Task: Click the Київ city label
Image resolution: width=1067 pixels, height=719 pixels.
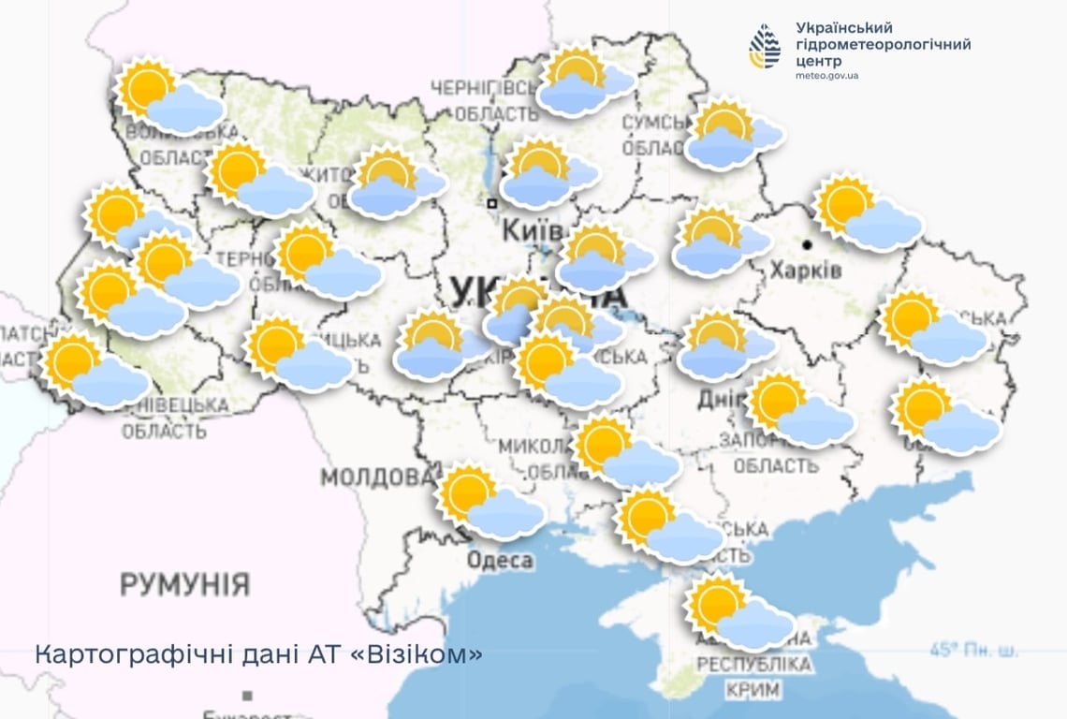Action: (x=532, y=230)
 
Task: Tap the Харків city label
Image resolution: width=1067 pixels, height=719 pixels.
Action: (x=806, y=271)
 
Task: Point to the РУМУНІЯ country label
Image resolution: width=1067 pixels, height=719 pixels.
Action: (x=184, y=585)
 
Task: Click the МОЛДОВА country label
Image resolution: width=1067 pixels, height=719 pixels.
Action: (x=377, y=477)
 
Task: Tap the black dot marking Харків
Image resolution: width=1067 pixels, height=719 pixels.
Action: (x=807, y=244)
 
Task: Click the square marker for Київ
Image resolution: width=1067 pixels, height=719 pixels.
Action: (x=491, y=202)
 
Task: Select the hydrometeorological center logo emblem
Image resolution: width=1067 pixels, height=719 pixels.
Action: (x=764, y=46)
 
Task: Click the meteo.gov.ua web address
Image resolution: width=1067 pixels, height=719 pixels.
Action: (x=826, y=75)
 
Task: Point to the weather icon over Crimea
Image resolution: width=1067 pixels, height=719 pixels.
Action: (x=738, y=613)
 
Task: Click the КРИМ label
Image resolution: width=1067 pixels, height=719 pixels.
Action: (x=753, y=690)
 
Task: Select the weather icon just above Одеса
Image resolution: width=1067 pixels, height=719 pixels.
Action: (x=490, y=502)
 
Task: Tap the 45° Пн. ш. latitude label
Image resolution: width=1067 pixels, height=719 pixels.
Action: (x=973, y=650)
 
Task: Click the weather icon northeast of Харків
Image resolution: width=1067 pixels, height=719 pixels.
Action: (x=867, y=213)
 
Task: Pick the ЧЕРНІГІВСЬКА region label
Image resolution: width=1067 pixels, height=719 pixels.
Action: (x=483, y=87)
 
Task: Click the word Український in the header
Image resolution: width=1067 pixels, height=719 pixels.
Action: (x=844, y=28)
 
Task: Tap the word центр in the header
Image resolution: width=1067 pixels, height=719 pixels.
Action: (x=818, y=61)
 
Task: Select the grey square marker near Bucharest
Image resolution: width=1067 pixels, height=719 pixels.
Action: (x=247, y=696)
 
